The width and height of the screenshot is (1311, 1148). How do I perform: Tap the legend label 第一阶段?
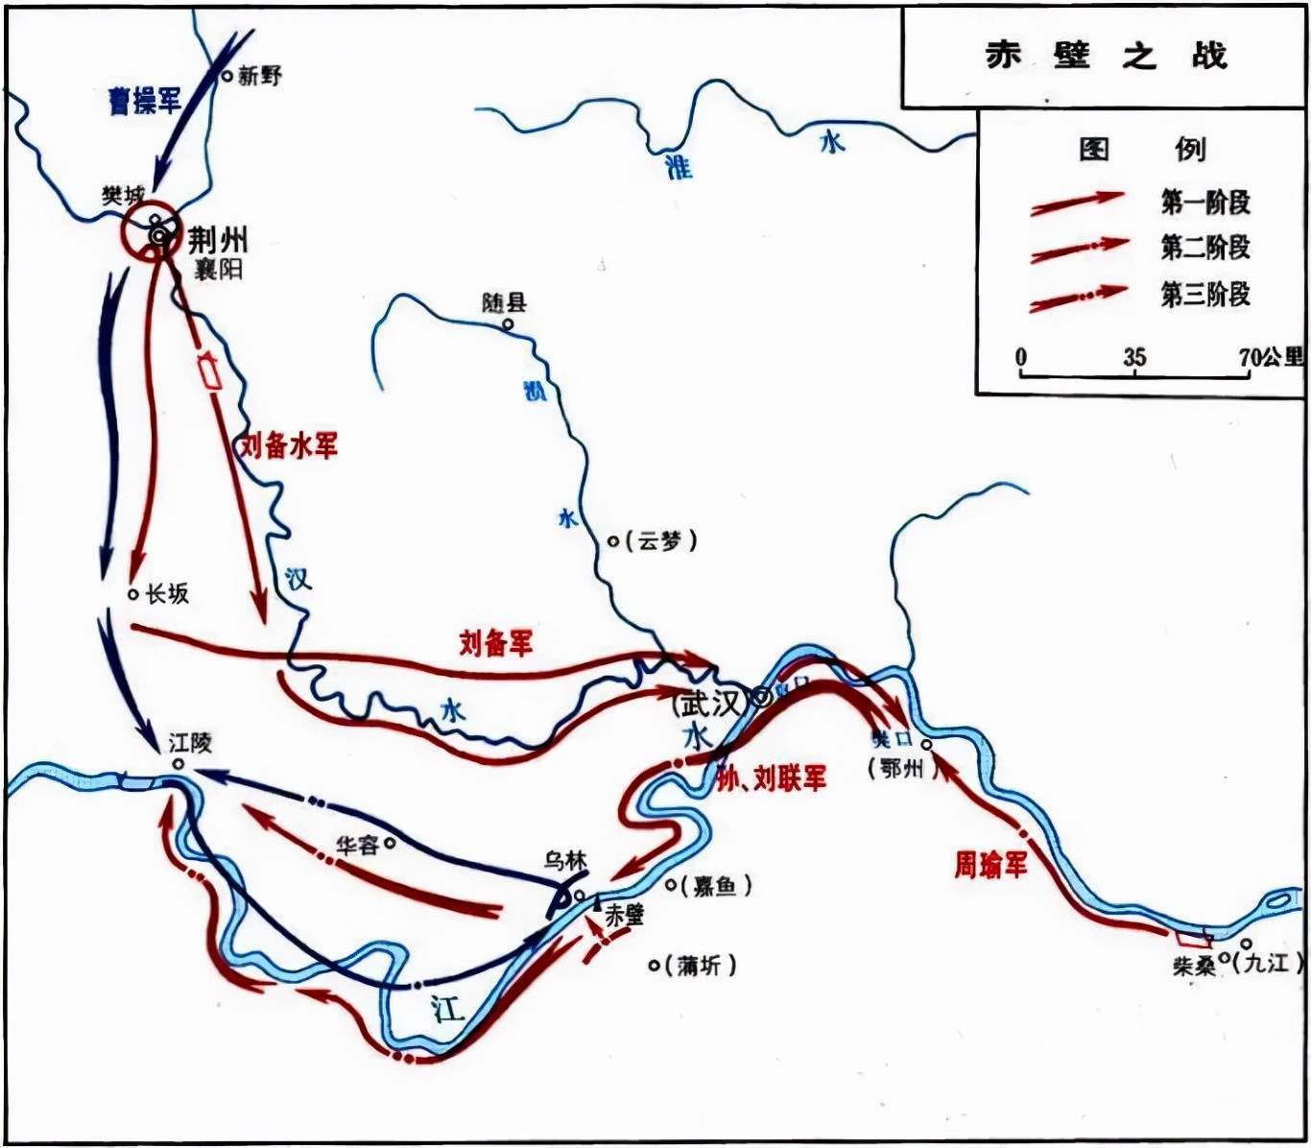click(1205, 203)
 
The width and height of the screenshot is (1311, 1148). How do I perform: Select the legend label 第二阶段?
click(1205, 248)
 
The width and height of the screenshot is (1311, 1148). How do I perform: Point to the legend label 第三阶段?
click(1205, 294)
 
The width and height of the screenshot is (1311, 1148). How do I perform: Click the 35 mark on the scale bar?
click(1134, 358)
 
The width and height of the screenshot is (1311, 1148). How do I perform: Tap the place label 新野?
click(259, 76)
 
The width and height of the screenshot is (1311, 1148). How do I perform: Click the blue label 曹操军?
click(144, 100)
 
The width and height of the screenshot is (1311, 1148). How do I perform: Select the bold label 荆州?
click(217, 238)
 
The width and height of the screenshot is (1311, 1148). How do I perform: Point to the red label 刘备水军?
click(288, 445)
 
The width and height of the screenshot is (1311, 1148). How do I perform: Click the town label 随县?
click(504, 303)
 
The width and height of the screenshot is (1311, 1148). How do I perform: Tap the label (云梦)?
click(661, 541)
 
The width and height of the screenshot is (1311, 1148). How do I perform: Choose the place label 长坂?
click(167, 594)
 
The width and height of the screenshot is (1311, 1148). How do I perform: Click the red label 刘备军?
click(495, 642)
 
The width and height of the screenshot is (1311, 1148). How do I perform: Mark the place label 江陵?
click(190, 743)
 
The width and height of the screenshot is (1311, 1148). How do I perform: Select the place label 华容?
click(357, 846)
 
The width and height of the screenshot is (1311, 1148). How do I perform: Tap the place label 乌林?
click(564, 861)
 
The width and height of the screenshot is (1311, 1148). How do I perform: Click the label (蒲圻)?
click(700, 966)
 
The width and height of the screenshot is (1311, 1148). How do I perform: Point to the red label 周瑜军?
click(990, 865)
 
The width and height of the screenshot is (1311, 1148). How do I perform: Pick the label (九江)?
click(1266, 962)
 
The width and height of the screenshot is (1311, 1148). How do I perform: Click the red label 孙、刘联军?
click(772, 778)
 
